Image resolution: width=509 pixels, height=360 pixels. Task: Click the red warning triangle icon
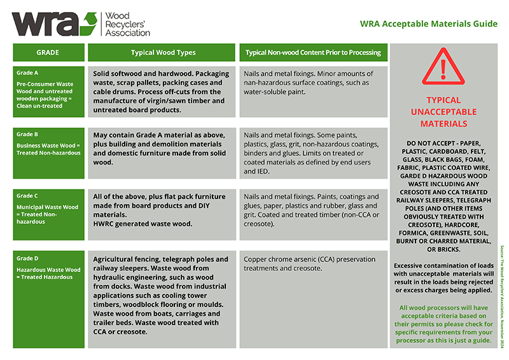pos(443,67)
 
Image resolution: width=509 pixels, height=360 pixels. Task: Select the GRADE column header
pos(48,52)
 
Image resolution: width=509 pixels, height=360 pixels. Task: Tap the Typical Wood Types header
pos(163,52)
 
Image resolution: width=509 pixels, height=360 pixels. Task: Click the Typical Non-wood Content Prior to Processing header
pos(313,52)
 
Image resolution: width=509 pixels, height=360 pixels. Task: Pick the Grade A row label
pos(48,90)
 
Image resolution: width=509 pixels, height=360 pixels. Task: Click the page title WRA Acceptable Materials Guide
pos(428,24)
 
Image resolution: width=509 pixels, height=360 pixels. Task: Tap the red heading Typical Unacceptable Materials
pos(443,112)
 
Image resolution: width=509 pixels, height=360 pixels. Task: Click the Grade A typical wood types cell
pos(163,92)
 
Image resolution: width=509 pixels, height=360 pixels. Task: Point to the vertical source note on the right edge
pos(502,296)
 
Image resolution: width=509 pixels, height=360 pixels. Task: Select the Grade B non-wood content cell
pos(313,153)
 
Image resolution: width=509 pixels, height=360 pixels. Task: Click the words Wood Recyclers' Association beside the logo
pos(127,23)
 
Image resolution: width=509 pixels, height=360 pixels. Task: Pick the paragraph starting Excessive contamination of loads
pos(443,277)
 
